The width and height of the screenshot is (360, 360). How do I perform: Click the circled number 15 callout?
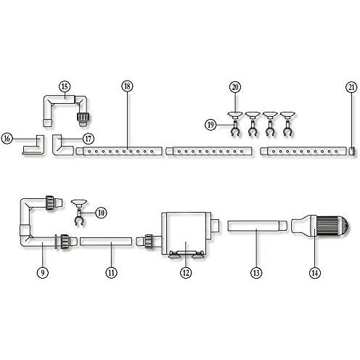click(x=65, y=86)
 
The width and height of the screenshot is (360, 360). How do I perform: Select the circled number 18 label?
click(x=127, y=86)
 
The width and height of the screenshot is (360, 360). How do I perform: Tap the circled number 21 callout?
click(x=351, y=87)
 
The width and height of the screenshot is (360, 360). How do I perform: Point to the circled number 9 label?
click(x=43, y=273)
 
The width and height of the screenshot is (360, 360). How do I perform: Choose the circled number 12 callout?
click(x=186, y=273)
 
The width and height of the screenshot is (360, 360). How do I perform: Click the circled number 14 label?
click(x=314, y=273)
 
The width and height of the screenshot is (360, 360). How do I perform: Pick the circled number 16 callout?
click(x=7, y=139)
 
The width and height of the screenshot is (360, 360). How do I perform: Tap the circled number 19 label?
click(x=210, y=125)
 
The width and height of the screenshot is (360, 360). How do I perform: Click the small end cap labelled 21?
click(x=352, y=152)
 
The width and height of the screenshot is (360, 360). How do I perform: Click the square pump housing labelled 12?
click(x=186, y=233)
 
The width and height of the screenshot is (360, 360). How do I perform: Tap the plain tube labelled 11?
click(x=106, y=242)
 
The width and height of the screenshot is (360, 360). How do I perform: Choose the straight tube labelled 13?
click(x=257, y=226)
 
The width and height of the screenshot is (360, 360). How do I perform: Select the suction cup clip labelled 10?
click(x=79, y=213)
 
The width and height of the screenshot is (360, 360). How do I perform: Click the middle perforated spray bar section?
click(x=209, y=152)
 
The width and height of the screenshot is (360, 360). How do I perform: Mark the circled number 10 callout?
click(x=101, y=213)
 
